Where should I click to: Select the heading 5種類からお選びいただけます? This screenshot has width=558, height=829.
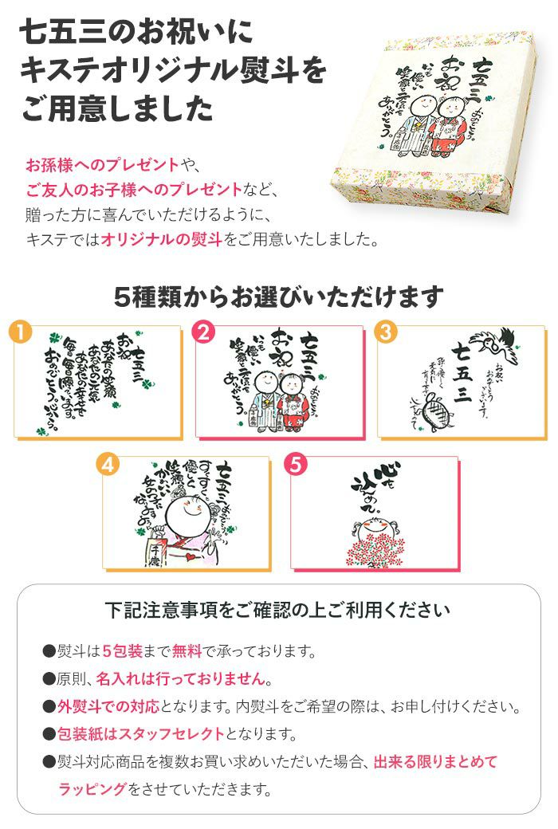pos(278,297)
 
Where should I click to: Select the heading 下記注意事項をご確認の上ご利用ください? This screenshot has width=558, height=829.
pos(278,611)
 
